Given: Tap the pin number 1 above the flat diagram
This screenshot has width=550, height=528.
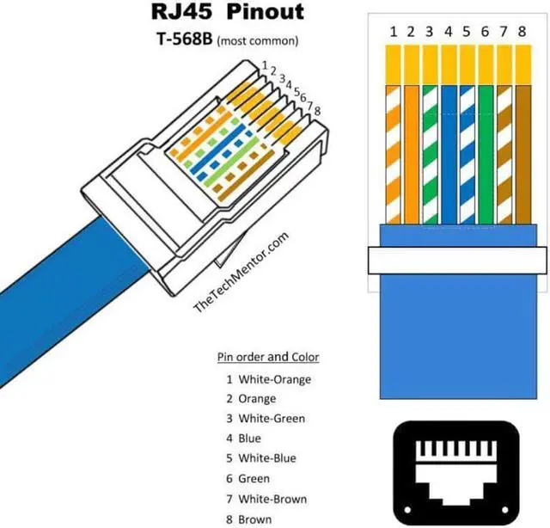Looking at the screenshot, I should pos(393,32).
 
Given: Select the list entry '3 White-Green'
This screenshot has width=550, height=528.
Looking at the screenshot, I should pos(266,419).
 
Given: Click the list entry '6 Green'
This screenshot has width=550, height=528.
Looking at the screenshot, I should pos(247,479).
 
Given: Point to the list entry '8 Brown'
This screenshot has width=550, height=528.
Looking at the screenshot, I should pos(249,519).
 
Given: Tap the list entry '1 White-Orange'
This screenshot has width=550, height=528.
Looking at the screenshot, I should pos(268,379).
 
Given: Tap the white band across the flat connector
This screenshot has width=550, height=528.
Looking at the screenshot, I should pos(457,260).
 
